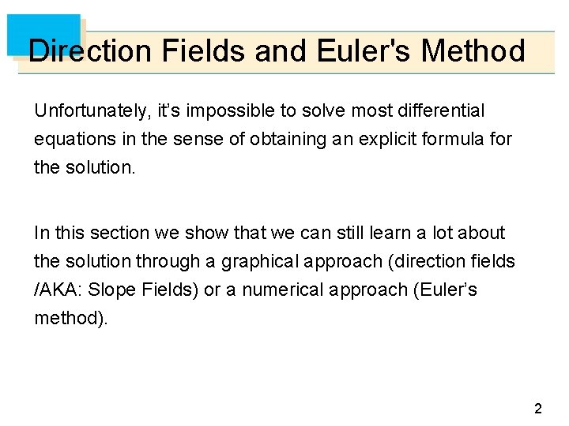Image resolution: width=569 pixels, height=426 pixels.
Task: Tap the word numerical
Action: [280, 290]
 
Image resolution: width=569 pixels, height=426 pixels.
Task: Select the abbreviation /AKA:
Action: [58, 290]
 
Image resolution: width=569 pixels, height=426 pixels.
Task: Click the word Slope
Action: [111, 290]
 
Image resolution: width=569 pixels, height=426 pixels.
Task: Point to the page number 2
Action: [538, 409]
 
